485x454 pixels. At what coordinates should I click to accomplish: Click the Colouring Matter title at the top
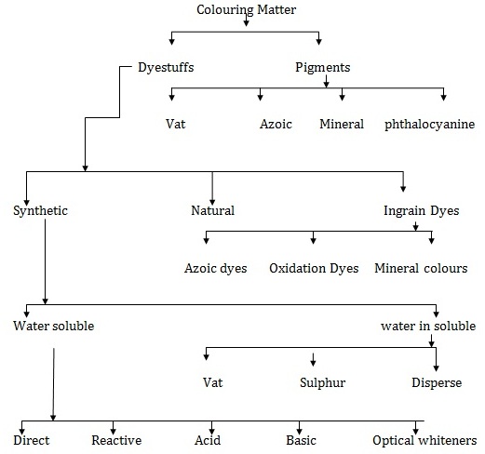(246, 10)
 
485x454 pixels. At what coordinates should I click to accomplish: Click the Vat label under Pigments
(176, 124)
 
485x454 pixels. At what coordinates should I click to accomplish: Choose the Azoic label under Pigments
(276, 124)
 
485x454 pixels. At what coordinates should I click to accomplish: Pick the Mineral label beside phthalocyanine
(341, 124)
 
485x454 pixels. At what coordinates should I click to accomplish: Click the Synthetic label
(41, 210)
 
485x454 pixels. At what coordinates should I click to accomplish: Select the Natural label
(212, 210)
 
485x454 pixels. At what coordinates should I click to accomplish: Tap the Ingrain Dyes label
(422, 210)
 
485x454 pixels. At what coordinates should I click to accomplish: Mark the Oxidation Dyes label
(314, 268)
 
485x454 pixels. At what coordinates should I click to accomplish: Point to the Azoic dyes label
(217, 268)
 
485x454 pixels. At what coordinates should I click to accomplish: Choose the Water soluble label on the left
(54, 326)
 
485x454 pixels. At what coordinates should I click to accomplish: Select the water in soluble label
(428, 326)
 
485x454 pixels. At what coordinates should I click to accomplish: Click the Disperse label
(437, 382)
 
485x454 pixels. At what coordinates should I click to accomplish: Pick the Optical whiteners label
(424, 439)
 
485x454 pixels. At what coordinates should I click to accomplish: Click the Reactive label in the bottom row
(115, 439)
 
